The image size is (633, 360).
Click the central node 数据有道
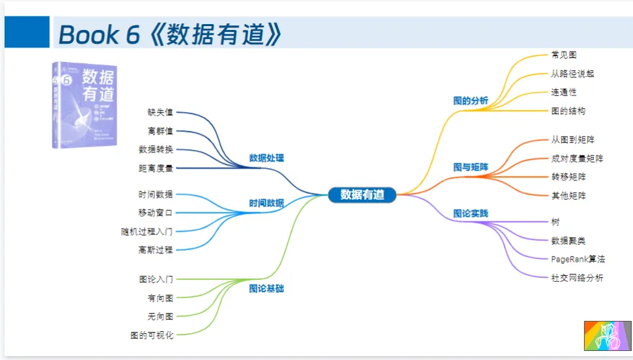click(x=362, y=195)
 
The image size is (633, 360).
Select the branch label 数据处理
click(x=266, y=158)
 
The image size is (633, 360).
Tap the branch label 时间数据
click(x=266, y=203)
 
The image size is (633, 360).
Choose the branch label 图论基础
click(x=266, y=288)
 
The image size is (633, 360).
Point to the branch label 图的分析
click(x=470, y=101)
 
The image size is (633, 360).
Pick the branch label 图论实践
click(x=470, y=214)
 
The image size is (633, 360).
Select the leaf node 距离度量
click(x=156, y=168)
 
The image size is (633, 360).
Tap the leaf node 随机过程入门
click(x=147, y=231)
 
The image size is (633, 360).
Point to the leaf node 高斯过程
click(x=156, y=249)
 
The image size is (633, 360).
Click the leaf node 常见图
click(x=563, y=55)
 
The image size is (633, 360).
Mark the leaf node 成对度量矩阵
click(x=576, y=158)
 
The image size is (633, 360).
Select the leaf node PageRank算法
click(x=578, y=259)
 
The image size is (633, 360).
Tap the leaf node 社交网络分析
click(x=576, y=278)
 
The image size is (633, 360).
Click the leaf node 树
click(x=555, y=221)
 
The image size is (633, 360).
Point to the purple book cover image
click(x=84, y=104)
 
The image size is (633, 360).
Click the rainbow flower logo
click(x=608, y=335)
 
